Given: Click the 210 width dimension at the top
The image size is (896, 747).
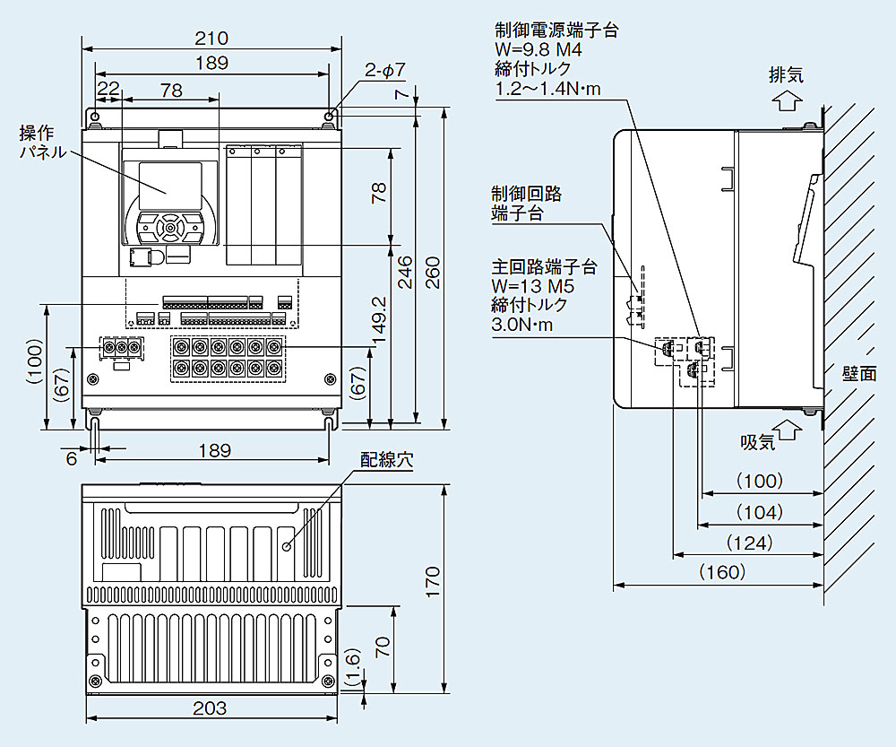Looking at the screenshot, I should point(211,39).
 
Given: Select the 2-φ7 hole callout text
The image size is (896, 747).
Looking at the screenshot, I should point(386,70).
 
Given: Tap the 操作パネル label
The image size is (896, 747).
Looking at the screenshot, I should point(42,143).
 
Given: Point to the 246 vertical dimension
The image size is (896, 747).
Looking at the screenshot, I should point(405,269).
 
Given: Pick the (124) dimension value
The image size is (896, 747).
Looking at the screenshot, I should point(749,543).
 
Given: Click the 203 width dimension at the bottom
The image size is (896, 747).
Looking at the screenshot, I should point(211,708).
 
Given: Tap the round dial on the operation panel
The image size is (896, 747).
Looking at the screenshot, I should point(168,228).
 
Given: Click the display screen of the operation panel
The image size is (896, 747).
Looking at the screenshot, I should point(168,178).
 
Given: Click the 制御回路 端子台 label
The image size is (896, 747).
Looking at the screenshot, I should point(526,204).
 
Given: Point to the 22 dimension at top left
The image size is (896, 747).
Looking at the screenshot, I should point(108,89).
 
